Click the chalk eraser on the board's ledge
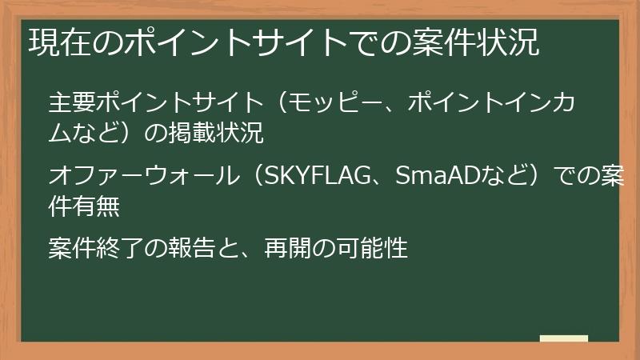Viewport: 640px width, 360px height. coord(564,338)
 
